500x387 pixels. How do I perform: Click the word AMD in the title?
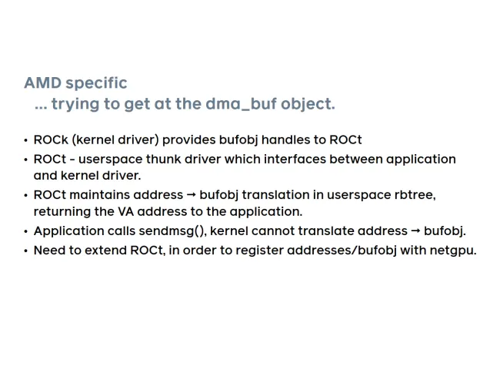[x=43, y=82]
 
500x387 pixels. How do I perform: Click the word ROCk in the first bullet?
[x=51, y=140]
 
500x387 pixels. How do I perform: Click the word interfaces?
[x=295, y=159]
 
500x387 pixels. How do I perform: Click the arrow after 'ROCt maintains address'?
[x=191, y=195]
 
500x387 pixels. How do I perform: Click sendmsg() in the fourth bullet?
[x=172, y=231]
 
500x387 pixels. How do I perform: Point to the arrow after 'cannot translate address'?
[x=415, y=231]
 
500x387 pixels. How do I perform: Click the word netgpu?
[x=453, y=251]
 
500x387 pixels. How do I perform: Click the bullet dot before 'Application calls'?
[x=26, y=232]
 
